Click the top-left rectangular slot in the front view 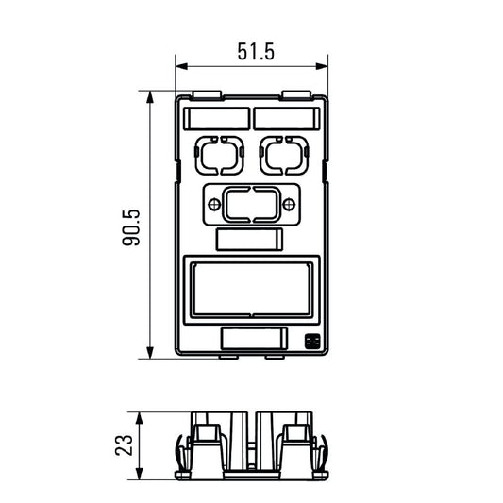(216, 118)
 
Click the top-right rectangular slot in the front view (286, 118)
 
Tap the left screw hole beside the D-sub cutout (212, 204)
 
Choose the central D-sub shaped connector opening (251, 204)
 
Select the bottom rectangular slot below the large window (253, 338)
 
